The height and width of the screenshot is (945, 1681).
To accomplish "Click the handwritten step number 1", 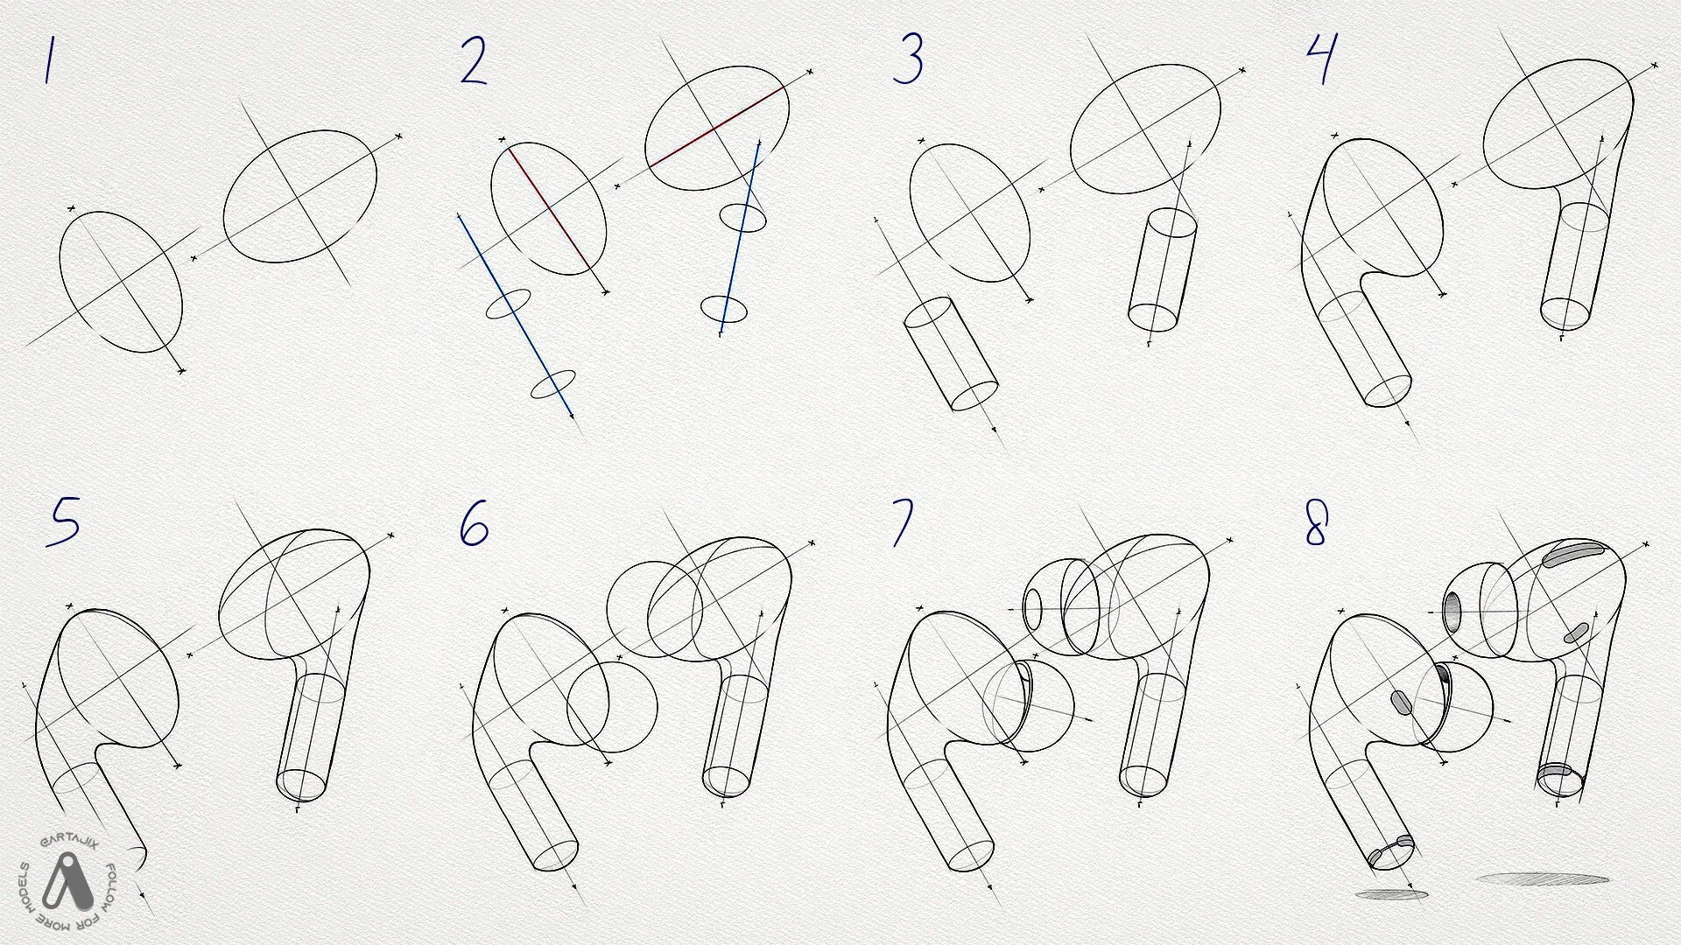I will click(x=50, y=60).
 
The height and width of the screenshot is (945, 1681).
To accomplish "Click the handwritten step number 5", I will click(x=63, y=521).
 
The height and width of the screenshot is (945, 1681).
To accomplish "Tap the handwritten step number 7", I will click(x=903, y=522).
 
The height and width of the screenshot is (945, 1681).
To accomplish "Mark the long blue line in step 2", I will click(x=517, y=316).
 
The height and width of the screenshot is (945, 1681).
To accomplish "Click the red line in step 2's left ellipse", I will click(x=548, y=208).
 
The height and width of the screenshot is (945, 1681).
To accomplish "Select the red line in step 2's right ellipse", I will click(x=716, y=128).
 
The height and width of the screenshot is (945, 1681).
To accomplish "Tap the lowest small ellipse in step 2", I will click(x=553, y=384).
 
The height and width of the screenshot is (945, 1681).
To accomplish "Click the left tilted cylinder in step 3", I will click(x=951, y=353).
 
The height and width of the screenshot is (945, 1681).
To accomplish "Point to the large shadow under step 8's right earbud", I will click(x=1543, y=878).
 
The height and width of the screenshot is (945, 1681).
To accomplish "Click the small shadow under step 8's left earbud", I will click(x=1391, y=894).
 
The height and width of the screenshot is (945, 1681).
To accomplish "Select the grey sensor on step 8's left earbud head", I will click(x=1401, y=702).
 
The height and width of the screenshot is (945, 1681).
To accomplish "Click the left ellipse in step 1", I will click(x=121, y=282).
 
